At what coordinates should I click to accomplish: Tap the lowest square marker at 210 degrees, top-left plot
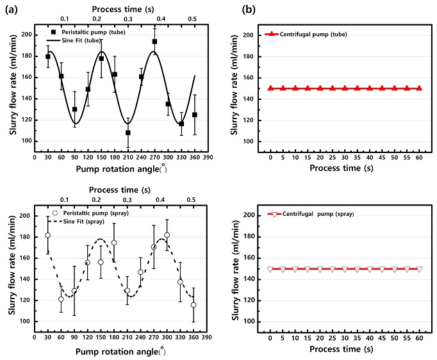[128, 133]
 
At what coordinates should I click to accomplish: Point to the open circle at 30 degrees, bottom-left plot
[47, 235]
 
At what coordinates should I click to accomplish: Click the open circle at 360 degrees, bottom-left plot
[194, 305]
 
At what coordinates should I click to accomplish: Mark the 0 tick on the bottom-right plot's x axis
[270, 337]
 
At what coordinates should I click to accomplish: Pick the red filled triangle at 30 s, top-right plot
[345, 88]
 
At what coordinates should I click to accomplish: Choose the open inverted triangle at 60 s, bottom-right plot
[420, 270]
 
